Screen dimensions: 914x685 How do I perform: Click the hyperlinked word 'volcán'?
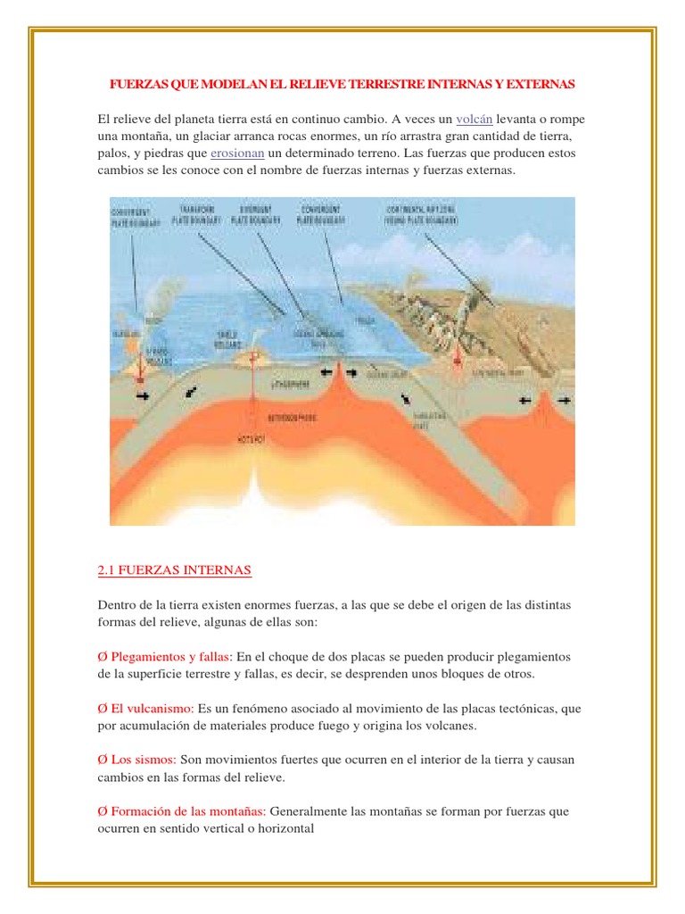pos(474,120)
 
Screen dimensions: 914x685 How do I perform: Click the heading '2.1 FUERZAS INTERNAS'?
pos(174,570)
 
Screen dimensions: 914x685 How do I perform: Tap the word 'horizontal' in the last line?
pos(286,828)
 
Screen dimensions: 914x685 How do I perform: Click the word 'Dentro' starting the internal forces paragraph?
pos(116,605)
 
